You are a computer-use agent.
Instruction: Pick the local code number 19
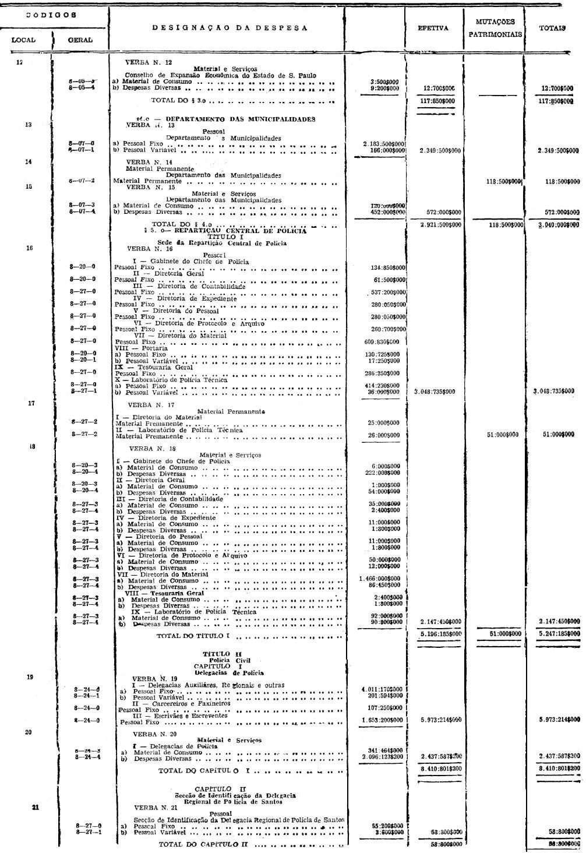30,678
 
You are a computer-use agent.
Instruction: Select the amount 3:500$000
384,82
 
